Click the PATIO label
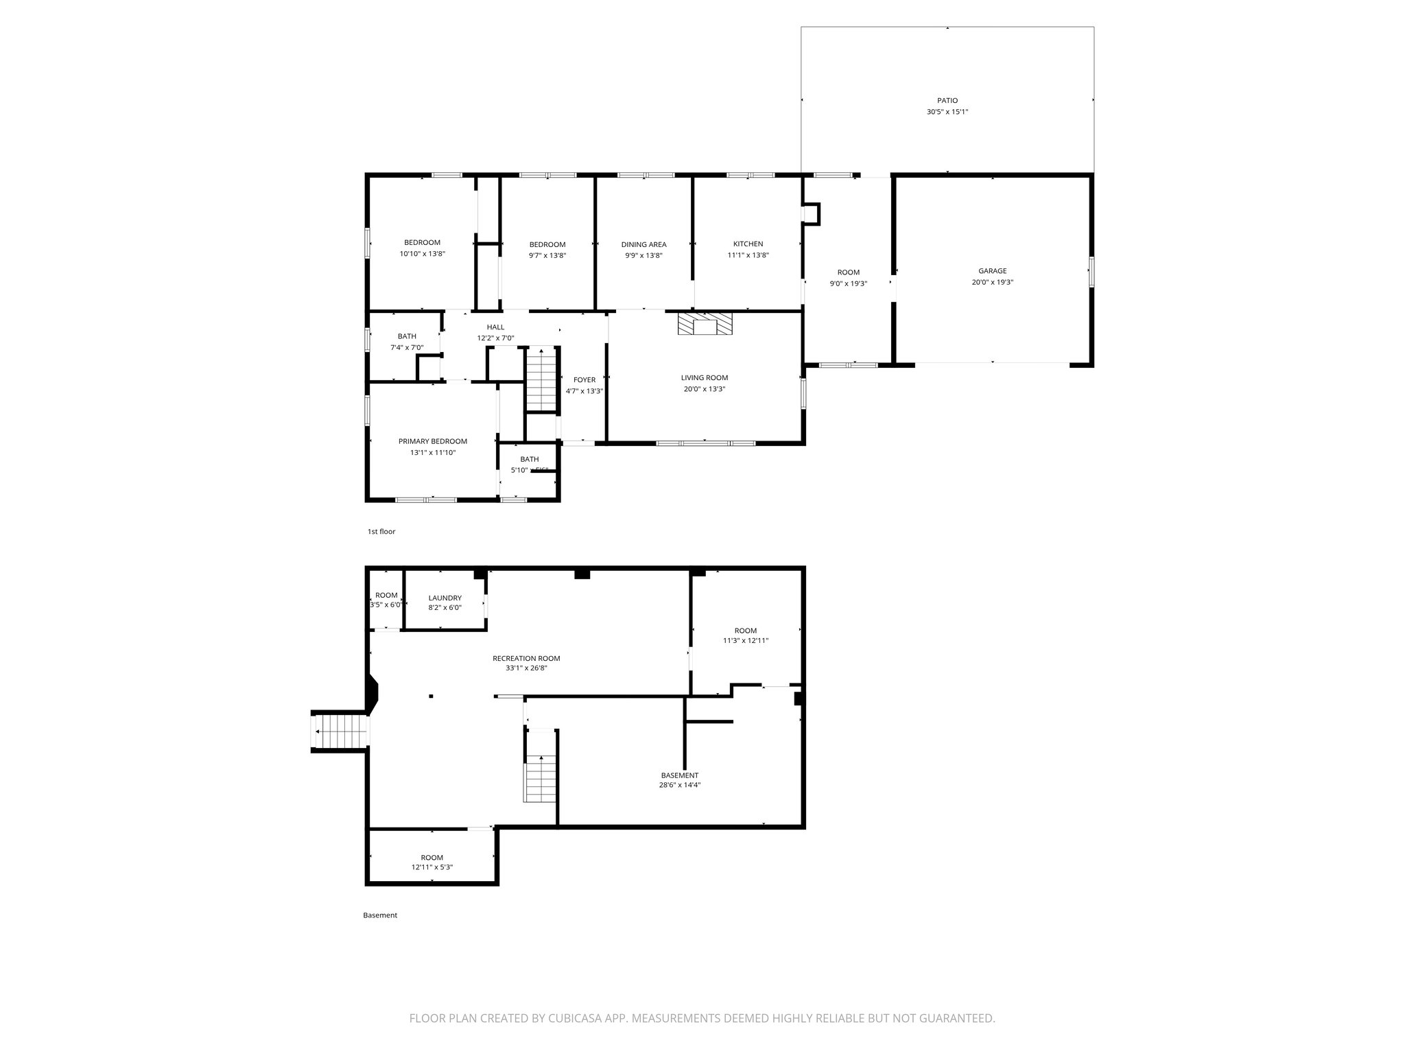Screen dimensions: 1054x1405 [x=947, y=100]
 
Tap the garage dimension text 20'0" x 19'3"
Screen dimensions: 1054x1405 [x=992, y=282]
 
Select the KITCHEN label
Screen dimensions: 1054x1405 [x=748, y=244]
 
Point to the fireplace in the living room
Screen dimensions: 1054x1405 [x=705, y=324]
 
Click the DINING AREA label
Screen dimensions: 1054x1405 [x=644, y=244]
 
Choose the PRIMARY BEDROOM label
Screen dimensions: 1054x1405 [x=433, y=441]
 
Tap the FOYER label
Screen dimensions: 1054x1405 [x=585, y=379]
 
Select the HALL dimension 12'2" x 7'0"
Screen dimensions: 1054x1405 [x=495, y=338]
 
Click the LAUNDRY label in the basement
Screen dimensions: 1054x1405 [x=445, y=598]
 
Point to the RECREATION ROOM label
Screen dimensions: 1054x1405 [x=526, y=658]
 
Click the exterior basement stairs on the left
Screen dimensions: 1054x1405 [x=341, y=731]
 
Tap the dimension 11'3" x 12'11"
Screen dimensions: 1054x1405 [x=746, y=641]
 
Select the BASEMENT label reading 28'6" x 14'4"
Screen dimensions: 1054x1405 [x=680, y=775]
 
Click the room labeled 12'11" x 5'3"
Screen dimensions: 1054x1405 [x=432, y=862]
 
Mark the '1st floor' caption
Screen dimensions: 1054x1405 [x=381, y=532]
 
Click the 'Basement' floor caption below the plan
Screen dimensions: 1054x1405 [x=380, y=915]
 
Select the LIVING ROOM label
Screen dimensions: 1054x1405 [x=705, y=377]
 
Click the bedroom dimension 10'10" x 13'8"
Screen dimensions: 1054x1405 [x=423, y=254]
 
